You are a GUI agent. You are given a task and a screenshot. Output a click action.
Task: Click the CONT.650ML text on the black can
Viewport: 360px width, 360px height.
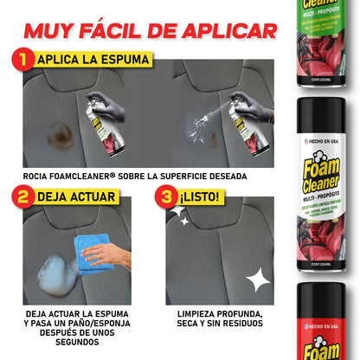[x=320, y=260]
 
